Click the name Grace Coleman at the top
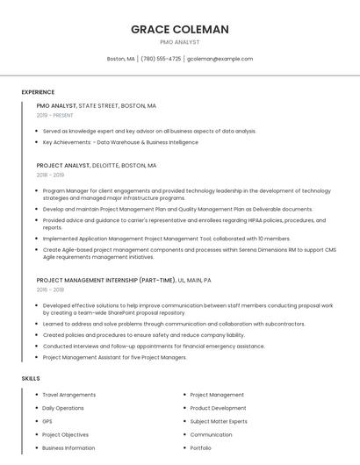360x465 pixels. [x=180, y=29]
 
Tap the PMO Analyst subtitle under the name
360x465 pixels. [x=180, y=42]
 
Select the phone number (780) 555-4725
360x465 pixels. [x=161, y=59]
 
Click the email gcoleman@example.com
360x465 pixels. [x=220, y=59]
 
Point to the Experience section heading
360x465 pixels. [x=38, y=92]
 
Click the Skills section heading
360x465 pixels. [x=31, y=378]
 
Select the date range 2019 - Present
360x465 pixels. [x=55, y=115]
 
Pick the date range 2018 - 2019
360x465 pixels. [x=51, y=175]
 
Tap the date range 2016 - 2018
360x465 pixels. [x=50, y=290]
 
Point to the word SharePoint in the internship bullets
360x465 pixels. [x=139, y=312]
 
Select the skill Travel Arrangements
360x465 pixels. [x=69, y=395]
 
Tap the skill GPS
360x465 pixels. [x=47, y=421]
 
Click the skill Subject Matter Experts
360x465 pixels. [x=219, y=421]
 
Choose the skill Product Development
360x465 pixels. [x=218, y=408]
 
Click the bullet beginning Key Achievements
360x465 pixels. [x=120, y=142]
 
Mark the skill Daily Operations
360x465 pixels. [x=63, y=408]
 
